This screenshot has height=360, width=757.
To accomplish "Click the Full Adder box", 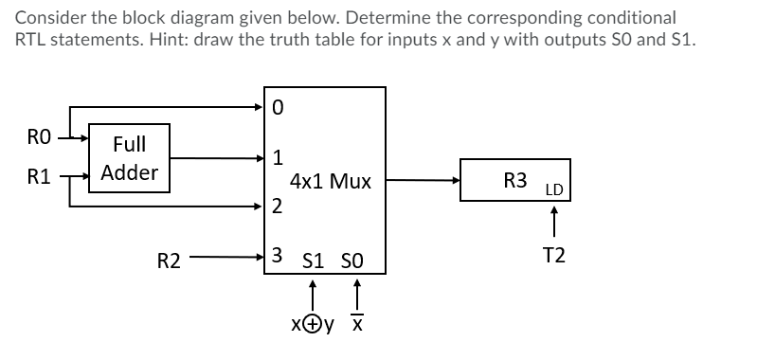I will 129,158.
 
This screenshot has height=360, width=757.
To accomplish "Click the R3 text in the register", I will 515,180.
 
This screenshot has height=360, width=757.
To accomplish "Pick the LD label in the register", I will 554,190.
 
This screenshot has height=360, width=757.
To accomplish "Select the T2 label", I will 554,255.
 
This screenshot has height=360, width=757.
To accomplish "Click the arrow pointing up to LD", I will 554,224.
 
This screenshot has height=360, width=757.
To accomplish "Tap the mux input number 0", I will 277,107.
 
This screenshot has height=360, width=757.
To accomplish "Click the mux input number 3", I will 277,255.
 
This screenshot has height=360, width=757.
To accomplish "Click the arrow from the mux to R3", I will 423,179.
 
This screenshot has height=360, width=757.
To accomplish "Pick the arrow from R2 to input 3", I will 227,256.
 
